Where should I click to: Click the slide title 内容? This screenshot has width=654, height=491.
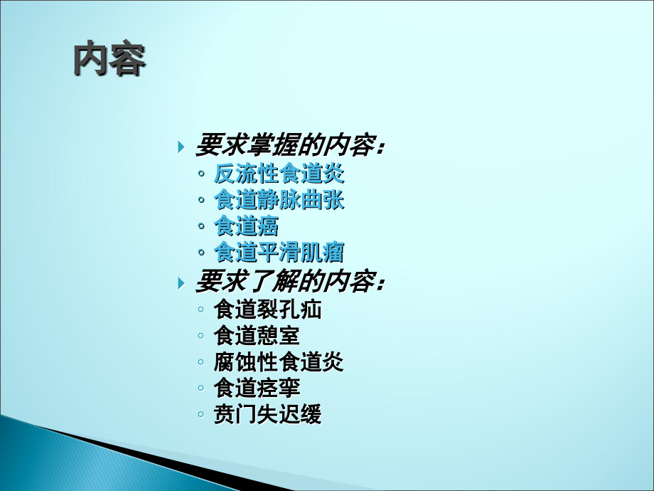(x=109, y=60)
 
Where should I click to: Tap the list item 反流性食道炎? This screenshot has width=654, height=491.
(x=279, y=174)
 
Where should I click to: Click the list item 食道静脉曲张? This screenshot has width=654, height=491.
(x=279, y=200)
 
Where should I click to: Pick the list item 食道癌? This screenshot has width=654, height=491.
(x=246, y=226)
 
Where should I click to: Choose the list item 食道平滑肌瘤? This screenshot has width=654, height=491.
(x=279, y=253)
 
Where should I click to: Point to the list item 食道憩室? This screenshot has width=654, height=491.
(x=257, y=336)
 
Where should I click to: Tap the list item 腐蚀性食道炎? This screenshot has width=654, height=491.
(x=279, y=362)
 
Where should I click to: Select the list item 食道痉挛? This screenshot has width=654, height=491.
(x=257, y=389)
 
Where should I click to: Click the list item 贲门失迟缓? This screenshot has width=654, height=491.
(x=267, y=415)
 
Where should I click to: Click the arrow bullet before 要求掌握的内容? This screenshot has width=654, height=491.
(x=181, y=147)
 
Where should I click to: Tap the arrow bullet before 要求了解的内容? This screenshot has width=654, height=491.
(x=181, y=283)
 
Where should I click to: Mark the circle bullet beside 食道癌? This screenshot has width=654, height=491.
(x=202, y=227)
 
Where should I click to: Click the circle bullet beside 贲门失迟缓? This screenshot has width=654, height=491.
(x=202, y=416)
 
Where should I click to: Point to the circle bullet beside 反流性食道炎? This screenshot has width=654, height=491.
(x=202, y=174)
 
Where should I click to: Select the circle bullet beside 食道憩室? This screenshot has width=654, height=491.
(x=202, y=337)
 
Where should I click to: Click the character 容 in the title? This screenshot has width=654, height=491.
(x=128, y=60)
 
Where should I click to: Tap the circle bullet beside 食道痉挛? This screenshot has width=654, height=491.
(x=202, y=389)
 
